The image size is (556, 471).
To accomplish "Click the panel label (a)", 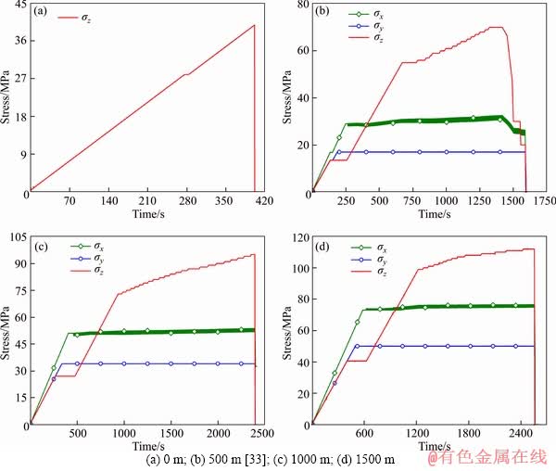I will (x=42, y=13).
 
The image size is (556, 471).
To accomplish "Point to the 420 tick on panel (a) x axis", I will (x=264, y=201).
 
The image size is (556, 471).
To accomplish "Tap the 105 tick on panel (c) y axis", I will (x=16, y=239).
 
